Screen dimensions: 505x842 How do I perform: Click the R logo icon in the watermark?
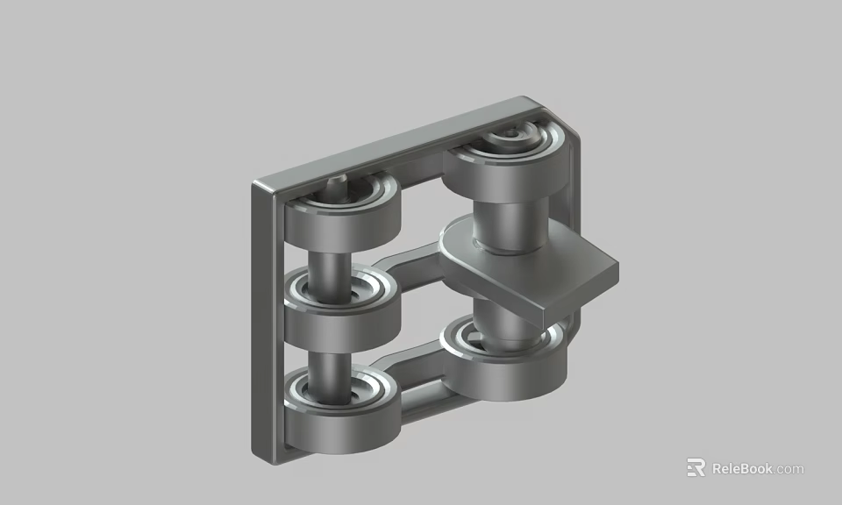(x=696, y=468)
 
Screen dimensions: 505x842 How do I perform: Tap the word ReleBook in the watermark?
(x=742, y=468)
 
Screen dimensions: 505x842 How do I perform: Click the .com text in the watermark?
(x=789, y=469)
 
